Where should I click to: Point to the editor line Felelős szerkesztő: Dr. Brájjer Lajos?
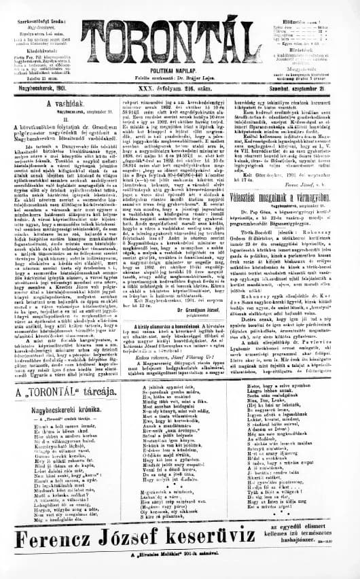click(x=180, y=73)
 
